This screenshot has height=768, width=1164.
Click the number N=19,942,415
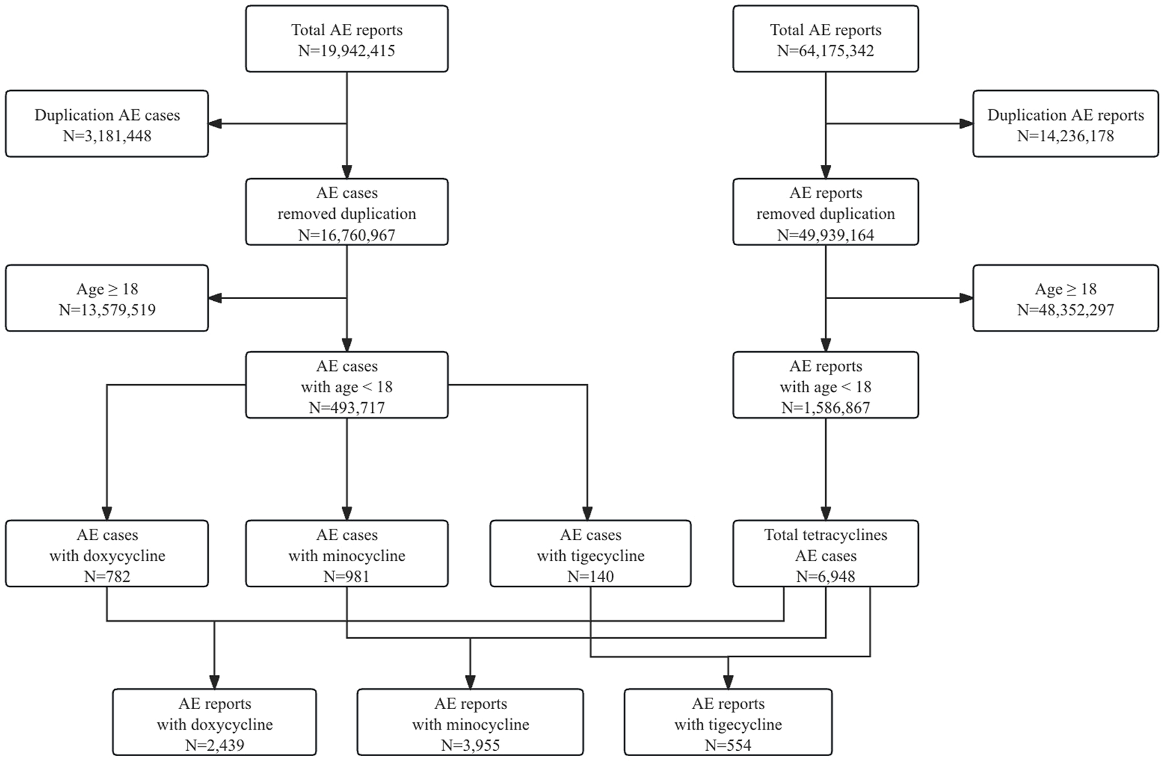[x=347, y=51]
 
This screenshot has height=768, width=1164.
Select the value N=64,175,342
[x=825, y=51]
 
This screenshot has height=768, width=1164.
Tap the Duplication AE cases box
[x=107, y=124]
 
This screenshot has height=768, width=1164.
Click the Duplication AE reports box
[x=1065, y=124]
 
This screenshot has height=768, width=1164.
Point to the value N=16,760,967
[x=347, y=235]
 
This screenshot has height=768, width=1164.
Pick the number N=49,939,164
[x=825, y=235]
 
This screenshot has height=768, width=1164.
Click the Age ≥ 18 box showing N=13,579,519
[x=107, y=298]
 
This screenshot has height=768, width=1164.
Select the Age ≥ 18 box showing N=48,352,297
[x=1065, y=298]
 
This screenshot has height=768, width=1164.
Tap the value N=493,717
[x=347, y=408]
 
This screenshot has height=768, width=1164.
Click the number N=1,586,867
[x=825, y=408]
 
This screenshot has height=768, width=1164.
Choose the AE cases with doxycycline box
[x=107, y=553]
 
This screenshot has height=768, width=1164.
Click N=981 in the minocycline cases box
[x=347, y=576]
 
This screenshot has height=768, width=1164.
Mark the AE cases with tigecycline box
[x=590, y=553]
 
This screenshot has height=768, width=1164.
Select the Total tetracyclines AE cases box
[x=825, y=553]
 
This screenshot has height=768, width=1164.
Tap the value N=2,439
[x=214, y=745]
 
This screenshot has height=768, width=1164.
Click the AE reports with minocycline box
[x=470, y=722]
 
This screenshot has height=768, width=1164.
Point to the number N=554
[x=728, y=745]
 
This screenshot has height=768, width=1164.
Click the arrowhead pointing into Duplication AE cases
[x=215, y=124]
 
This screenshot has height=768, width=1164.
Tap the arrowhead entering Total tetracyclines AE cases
[x=825, y=514]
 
